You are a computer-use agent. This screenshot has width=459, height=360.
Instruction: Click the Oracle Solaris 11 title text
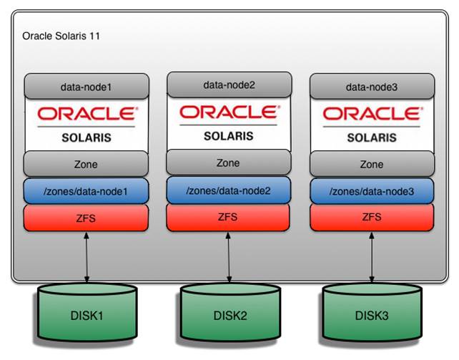pyautogui.click(x=61, y=35)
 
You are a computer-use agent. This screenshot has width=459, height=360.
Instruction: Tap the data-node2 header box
pyautogui.click(x=229, y=85)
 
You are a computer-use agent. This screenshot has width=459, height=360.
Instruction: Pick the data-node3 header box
pyautogui.click(x=371, y=87)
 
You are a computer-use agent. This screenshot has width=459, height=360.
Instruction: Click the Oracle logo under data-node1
pyautogui.click(x=86, y=114)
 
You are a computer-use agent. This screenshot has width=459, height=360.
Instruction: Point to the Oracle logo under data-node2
pyautogui.click(x=229, y=112)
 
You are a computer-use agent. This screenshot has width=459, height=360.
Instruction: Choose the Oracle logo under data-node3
pyautogui.click(x=371, y=114)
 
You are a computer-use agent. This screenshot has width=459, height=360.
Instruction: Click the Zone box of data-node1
pyautogui.click(x=86, y=164)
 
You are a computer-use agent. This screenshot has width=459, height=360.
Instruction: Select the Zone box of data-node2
pyautogui.click(x=229, y=162)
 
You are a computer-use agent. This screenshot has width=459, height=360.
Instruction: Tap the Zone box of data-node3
pyautogui.click(x=371, y=164)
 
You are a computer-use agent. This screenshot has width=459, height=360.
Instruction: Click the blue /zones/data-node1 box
pyautogui.click(x=86, y=191)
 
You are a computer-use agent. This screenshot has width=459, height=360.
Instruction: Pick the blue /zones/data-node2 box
pyautogui.click(x=229, y=190)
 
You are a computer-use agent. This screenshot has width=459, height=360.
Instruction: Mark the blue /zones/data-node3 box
pyautogui.click(x=371, y=191)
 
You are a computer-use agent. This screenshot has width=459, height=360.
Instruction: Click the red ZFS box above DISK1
pyautogui.click(x=86, y=218)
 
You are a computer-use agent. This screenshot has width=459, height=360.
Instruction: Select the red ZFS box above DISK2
pyautogui.click(x=229, y=216)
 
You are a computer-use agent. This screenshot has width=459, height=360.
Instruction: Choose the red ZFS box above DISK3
pyautogui.click(x=371, y=218)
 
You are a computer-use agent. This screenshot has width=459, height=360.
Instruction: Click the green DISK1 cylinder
pyautogui.click(x=87, y=315)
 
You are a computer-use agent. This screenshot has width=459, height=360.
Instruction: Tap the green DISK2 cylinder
pyautogui.click(x=229, y=315)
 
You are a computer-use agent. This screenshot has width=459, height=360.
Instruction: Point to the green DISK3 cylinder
pyautogui.click(x=371, y=315)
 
